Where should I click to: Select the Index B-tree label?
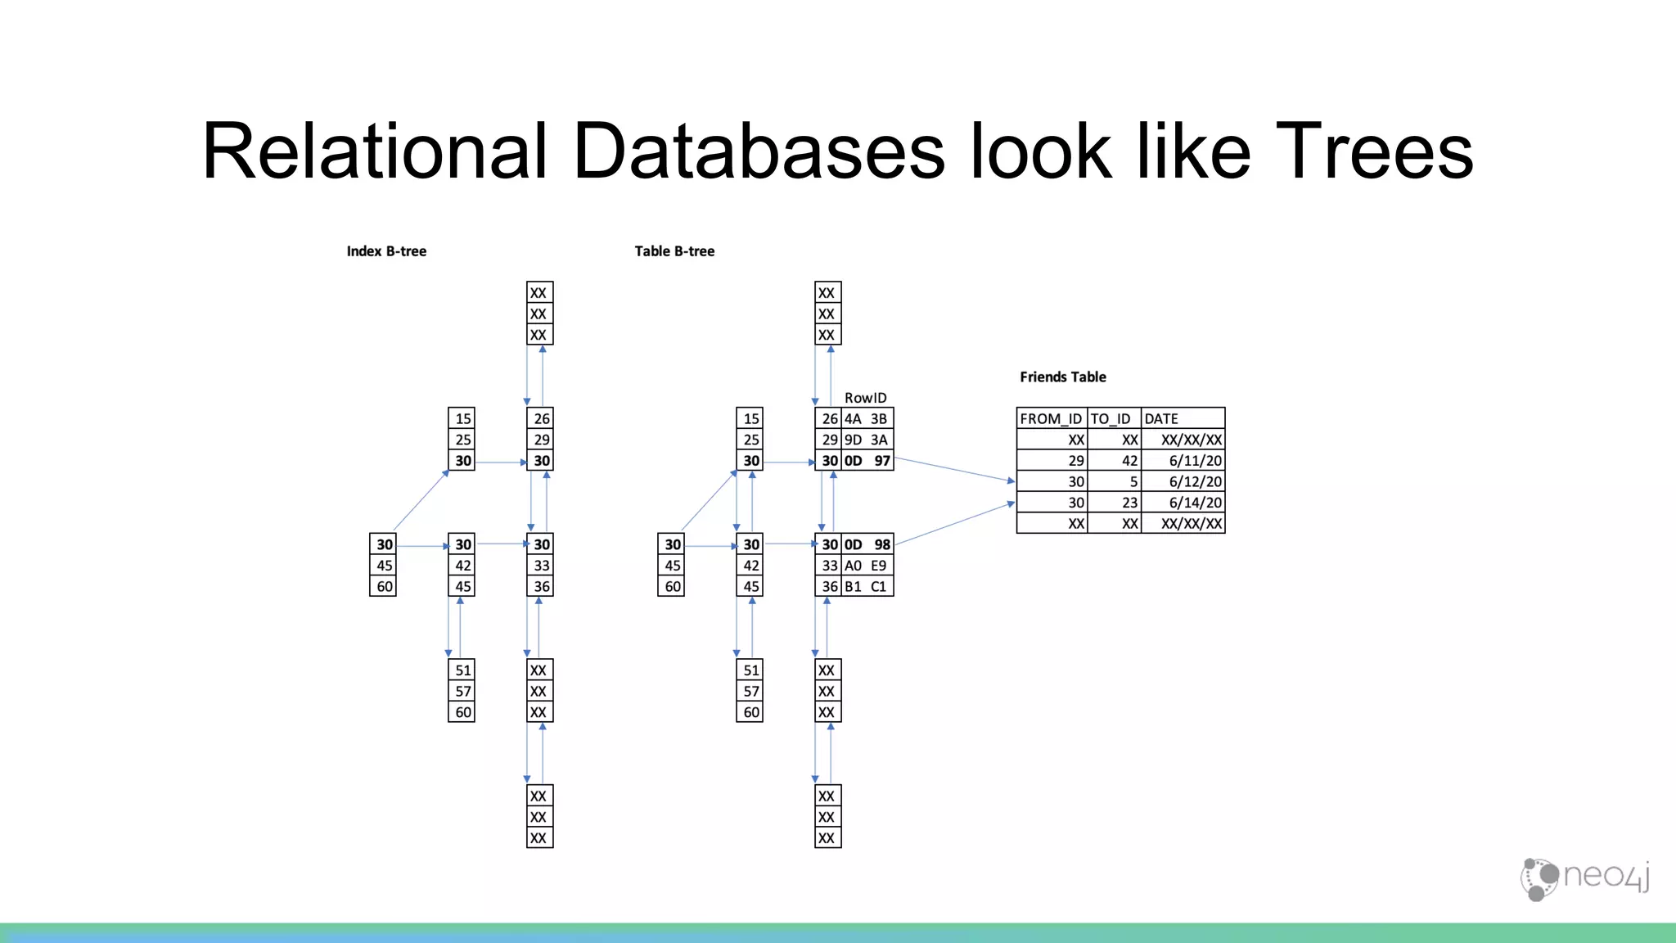point(386,251)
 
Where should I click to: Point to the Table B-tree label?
point(674,251)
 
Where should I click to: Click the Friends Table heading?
point(1062,377)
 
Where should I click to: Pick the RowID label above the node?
point(865,398)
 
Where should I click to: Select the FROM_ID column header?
point(1051,418)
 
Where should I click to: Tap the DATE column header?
point(1160,418)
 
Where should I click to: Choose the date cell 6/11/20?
point(1195,461)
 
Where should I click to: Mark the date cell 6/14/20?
point(1195,503)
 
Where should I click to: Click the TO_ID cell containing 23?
point(1129,503)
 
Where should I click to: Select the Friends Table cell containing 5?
point(1133,482)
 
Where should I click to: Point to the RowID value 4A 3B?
point(866,418)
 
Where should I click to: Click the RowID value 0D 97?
point(867,461)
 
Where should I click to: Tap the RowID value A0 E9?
point(866,566)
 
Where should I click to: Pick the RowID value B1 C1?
point(866,587)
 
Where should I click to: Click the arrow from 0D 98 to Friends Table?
point(954,524)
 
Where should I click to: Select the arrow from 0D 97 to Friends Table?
point(954,470)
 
